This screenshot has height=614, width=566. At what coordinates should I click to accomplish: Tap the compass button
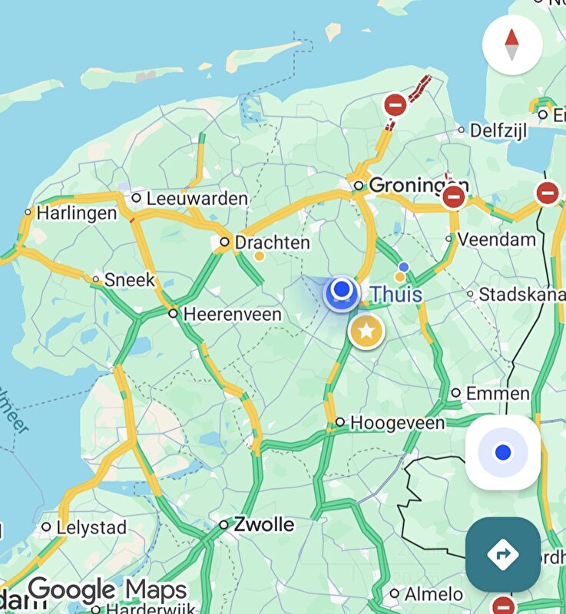point(512,45)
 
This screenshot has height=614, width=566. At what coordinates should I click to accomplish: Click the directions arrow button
point(502,553)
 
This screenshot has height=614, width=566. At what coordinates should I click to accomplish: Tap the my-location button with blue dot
point(503,453)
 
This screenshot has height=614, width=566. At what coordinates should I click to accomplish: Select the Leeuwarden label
point(197,199)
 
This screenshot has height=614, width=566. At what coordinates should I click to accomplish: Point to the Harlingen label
point(77,213)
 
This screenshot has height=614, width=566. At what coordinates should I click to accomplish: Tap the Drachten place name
point(272,243)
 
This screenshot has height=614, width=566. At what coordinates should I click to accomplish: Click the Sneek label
point(130,280)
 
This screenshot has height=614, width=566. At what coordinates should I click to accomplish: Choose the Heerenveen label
point(232,314)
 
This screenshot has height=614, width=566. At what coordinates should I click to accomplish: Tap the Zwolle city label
point(263,525)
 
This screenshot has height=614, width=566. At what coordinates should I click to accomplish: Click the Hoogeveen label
point(397,423)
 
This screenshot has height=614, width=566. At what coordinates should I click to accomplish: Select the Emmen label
point(498,394)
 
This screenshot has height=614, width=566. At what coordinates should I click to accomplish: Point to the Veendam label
point(496,239)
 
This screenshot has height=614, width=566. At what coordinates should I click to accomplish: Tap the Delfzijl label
point(498,130)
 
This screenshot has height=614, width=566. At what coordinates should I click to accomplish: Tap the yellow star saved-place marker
point(367,332)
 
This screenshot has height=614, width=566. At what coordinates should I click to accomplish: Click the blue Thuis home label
point(396,294)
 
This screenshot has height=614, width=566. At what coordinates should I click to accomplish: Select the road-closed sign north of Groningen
point(395,105)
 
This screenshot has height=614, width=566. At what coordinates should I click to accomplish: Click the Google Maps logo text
point(108,590)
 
